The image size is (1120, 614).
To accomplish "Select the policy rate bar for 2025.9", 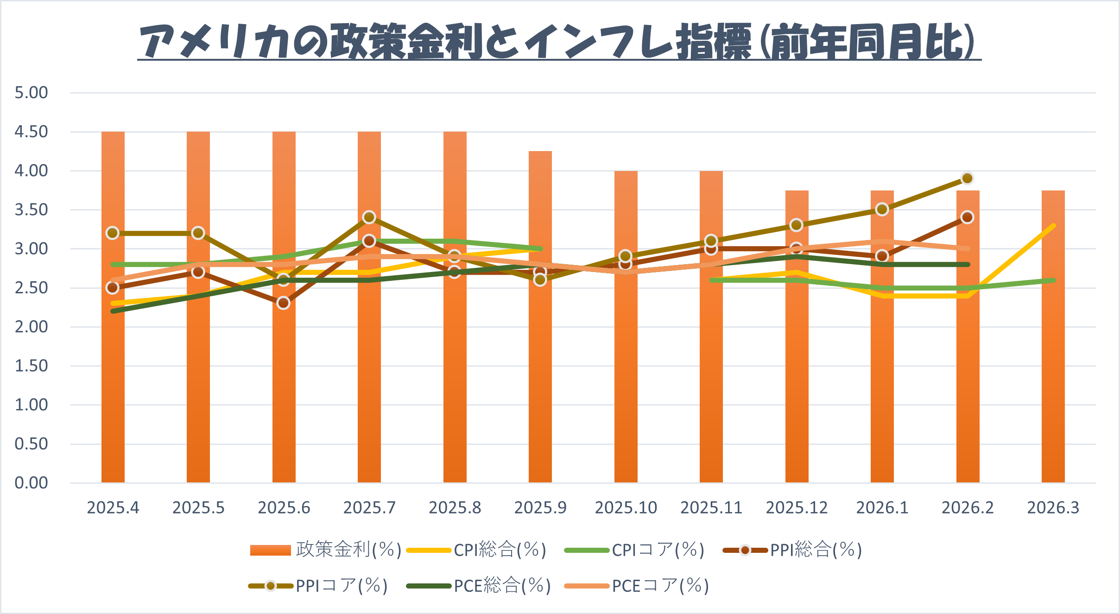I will (540, 371).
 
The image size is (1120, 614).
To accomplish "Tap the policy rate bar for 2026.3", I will (1053, 371).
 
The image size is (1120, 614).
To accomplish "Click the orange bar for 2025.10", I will (626, 371).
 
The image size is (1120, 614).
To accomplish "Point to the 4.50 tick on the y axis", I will (31, 132).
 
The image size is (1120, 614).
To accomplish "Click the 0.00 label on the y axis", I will (31, 483).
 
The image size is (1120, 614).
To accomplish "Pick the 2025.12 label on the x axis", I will (797, 508).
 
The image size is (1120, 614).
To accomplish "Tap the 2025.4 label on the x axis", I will (113, 508).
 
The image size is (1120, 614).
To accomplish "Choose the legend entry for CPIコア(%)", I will (634, 550).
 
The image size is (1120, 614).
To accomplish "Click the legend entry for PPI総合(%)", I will (792, 550).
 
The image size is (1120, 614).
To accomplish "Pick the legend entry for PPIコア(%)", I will (318, 586).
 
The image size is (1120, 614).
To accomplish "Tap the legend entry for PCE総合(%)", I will (479, 586).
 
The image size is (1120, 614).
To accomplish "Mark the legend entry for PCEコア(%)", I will (637, 586).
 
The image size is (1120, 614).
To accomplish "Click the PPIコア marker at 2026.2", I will (967, 178).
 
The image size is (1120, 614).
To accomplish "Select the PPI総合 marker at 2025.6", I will (284, 303).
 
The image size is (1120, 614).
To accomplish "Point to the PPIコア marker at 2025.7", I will (369, 217).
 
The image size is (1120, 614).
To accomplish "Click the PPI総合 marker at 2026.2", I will (967, 217).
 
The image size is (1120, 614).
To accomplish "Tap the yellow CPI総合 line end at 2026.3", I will (1053, 226).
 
